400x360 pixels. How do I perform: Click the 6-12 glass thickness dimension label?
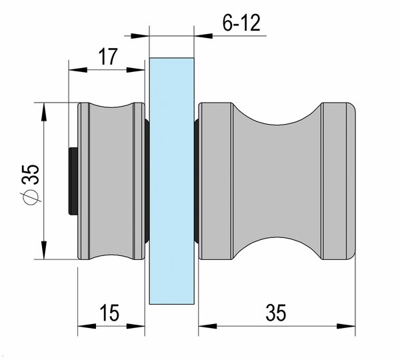pos(241,23)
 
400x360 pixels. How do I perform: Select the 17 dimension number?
pos(109,57)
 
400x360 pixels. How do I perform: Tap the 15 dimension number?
pos(109,312)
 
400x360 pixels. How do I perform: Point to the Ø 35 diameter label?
pos(30,185)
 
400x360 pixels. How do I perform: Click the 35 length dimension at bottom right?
pos(276,312)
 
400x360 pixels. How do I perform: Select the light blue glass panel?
pos(172,181)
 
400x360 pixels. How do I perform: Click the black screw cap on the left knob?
pos(73,181)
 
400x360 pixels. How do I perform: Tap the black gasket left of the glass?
pos(147,181)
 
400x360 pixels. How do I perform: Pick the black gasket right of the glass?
pos(197,181)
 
